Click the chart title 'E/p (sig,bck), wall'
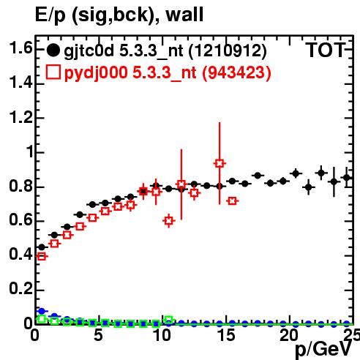click(119, 15)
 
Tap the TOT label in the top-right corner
click(326, 50)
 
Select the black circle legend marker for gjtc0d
click(53, 50)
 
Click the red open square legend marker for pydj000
click(53, 72)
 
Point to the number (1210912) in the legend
click(228, 50)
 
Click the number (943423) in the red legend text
click(236, 72)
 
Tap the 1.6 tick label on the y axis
click(20, 48)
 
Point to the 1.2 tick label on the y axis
click(20, 117)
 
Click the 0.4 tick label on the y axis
click(20, 255)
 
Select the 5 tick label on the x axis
click(98, 335)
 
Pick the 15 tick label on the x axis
click(227, 335)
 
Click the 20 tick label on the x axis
click(289, 335)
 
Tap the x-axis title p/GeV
click(324, 349)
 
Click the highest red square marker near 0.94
click(220, 163)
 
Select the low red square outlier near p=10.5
click(169, 221)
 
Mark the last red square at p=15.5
click(233, 201)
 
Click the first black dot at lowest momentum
click(42, 247)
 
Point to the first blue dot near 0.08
click(42, 311)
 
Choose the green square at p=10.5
click(169, 320)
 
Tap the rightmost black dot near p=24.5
click(347, 178)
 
